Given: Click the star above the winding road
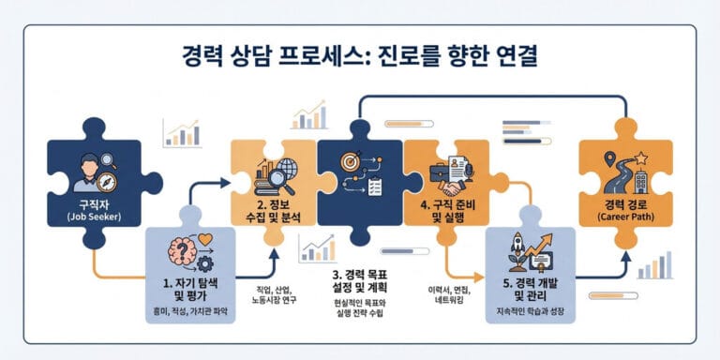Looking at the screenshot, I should click(x=641, y=157).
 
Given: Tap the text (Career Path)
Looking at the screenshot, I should click(x=626, y=219).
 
